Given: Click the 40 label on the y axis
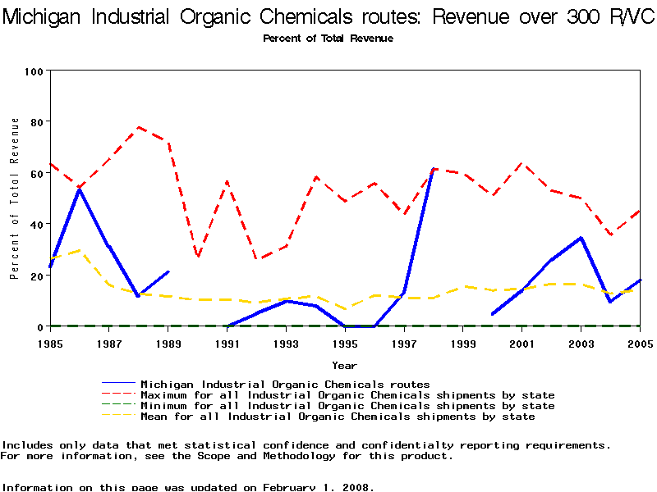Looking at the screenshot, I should click(36, 224).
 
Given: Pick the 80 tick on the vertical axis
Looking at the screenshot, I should click(36, 122).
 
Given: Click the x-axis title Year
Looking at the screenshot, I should click(345, 365).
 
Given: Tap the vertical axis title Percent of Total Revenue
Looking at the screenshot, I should click(15, 198).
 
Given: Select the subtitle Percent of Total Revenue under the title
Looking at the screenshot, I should click(328, 39).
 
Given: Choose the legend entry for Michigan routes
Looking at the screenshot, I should click(285, 384).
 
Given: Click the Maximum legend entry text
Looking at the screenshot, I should click(347, 395).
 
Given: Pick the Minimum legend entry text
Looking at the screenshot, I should click(347, 406).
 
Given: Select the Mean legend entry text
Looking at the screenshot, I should click(338, 417).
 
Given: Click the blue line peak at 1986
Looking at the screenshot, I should click(80, 189).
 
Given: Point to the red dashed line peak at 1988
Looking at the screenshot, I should click(139, 127).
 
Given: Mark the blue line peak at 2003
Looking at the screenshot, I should click(581, 238).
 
